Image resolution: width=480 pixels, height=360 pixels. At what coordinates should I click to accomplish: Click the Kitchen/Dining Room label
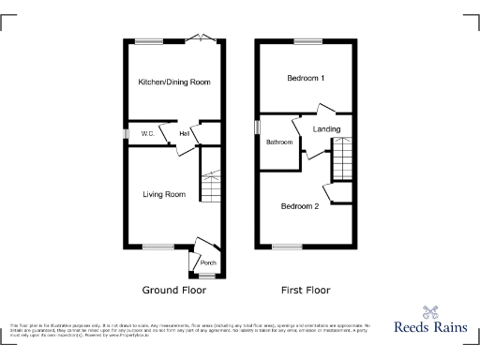click(173, 82)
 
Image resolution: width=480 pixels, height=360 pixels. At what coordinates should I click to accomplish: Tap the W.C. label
click(148, 135)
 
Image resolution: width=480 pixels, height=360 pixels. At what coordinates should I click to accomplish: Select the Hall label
click(185, 135)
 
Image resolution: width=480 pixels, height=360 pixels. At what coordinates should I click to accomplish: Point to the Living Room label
click(164, 195)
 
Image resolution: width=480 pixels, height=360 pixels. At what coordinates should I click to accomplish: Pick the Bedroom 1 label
click(306, 78)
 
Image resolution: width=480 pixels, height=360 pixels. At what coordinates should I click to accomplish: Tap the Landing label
click(326, 128)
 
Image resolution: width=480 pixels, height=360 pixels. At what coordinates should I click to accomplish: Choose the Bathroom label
click(279, 142)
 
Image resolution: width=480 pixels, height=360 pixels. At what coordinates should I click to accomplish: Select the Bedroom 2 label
click(300, 206)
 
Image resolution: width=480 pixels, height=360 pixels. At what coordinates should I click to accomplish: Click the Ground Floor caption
click(173, 291)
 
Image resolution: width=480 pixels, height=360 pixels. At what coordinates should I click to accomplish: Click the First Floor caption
click(306, 291)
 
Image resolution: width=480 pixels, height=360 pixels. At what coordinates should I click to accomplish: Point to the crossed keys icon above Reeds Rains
click(431, 313)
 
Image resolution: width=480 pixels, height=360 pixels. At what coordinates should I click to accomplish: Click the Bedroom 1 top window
click(306, 39)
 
